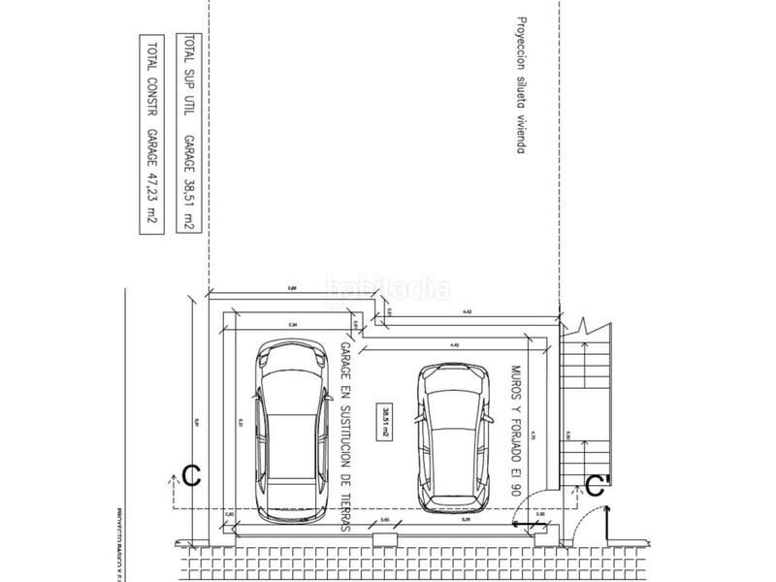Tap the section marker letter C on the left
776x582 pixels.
[192, 475]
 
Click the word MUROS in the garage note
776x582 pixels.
[514, 381]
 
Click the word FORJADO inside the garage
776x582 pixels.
[514, 439]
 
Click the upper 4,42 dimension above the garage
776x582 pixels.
[466, 311]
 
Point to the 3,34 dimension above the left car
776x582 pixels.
[291, 323]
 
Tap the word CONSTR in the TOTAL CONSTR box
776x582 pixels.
[152, 96]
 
